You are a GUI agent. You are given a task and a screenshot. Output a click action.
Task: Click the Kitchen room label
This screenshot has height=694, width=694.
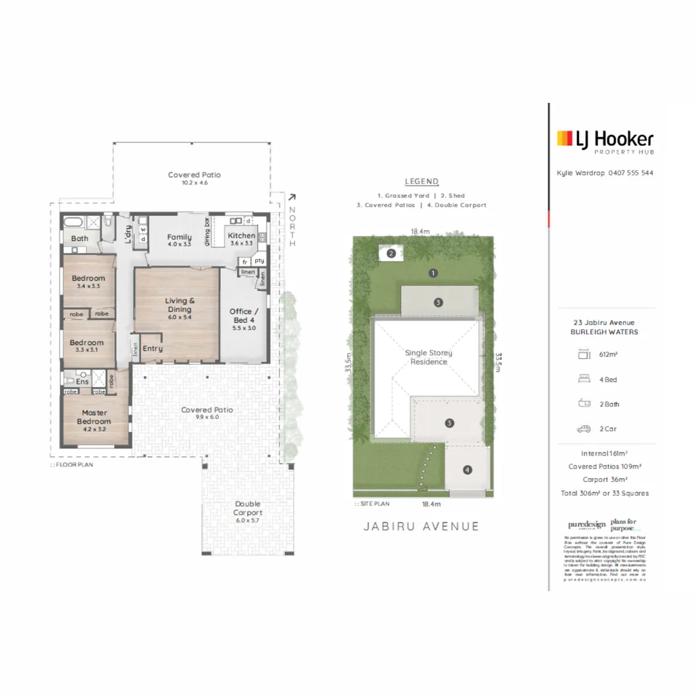[242, 236]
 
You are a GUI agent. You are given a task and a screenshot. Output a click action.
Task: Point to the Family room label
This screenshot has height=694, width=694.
[179, 237]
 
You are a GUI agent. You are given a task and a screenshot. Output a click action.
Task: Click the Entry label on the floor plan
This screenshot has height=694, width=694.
[153, 348]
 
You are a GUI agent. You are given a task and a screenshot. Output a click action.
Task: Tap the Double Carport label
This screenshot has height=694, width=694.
[247, 508]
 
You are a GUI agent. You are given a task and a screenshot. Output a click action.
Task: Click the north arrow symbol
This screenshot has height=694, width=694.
[292, 199]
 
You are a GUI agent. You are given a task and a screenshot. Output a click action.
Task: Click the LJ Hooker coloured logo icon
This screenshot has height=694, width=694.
[564, 138]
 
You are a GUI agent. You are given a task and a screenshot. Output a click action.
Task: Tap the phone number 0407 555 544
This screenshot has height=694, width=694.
[631, 173]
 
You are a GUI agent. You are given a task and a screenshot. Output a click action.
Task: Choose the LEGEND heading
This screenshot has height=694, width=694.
[422, 182]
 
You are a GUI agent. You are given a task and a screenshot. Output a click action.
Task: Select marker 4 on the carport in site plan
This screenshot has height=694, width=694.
[467, 470]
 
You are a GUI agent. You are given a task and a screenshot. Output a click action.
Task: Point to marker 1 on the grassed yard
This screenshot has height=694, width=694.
[434, 273]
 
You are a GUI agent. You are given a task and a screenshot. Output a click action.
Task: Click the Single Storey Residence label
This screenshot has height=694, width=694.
[429, 357]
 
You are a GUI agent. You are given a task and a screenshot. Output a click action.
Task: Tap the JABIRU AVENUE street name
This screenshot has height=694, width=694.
[422, 526]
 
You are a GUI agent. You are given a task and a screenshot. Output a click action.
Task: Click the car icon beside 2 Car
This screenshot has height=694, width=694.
[583, 429]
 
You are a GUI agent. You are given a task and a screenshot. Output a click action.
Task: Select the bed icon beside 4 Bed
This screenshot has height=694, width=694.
[583, 379]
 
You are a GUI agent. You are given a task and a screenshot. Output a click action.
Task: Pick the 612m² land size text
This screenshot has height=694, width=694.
[609, 354]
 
